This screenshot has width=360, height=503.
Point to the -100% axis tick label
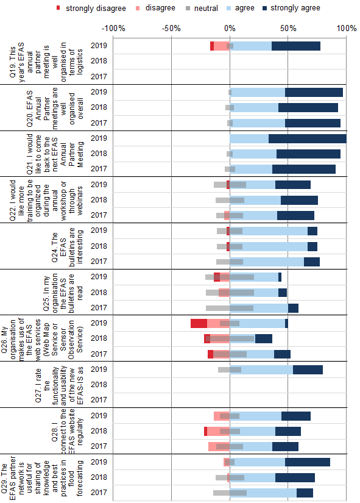[113, 29]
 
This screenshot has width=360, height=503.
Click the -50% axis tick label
[172, 29]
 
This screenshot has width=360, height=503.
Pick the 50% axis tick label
[288, 29]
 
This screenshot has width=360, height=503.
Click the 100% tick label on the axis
[345, 29]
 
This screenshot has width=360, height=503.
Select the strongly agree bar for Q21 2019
[307, 138]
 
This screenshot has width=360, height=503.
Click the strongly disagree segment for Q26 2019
[199, 323]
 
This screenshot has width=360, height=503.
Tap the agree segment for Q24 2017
[274, 262]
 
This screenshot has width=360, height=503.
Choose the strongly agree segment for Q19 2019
[295, 46]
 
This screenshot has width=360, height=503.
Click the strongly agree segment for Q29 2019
[308, 462]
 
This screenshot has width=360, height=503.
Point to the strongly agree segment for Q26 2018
[263, 338]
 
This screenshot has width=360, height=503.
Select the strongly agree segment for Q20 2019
[314, 92]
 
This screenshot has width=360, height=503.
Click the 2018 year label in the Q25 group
[98, 293]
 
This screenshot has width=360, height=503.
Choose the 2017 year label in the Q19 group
[98, 77]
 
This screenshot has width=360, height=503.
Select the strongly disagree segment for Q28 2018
[205, 431]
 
